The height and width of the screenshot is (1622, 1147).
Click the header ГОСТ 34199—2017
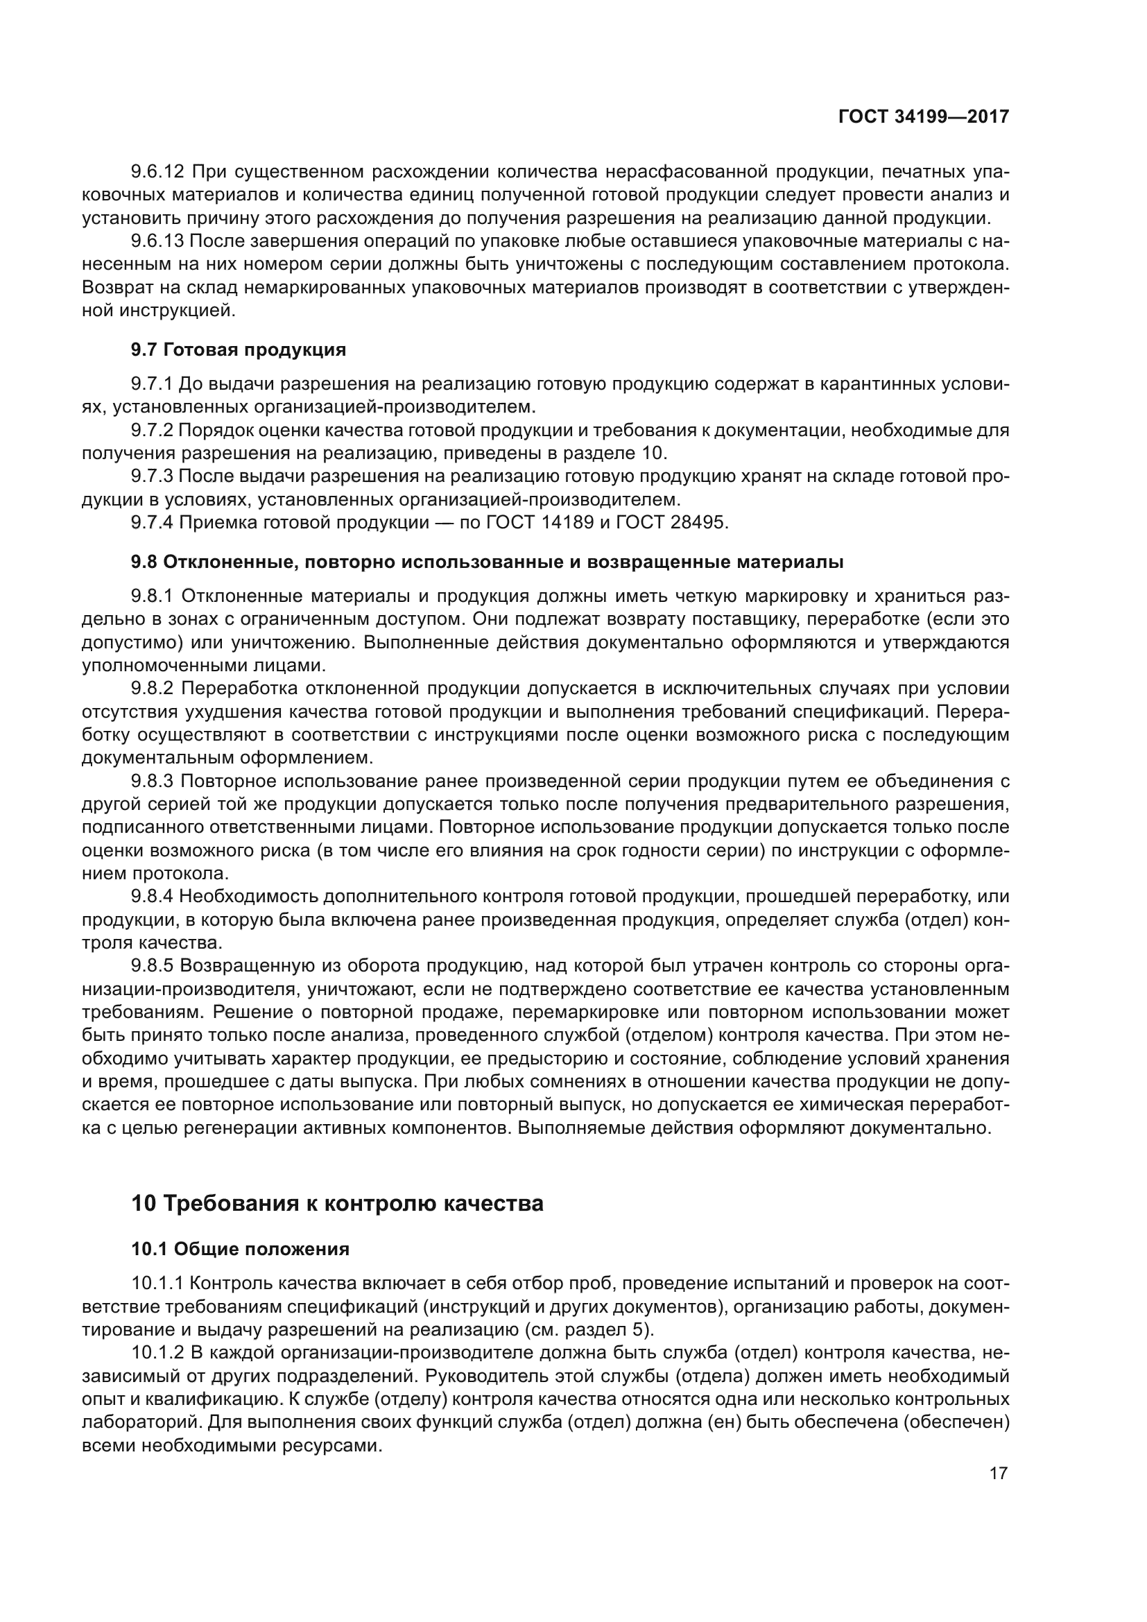[923, 117]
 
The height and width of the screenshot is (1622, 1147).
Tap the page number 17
[998, 1473]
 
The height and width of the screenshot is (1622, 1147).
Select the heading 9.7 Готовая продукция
[238, 350]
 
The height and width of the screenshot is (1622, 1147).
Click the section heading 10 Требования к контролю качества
[337, 1203]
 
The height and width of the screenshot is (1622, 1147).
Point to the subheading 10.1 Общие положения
[240, 1249]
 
